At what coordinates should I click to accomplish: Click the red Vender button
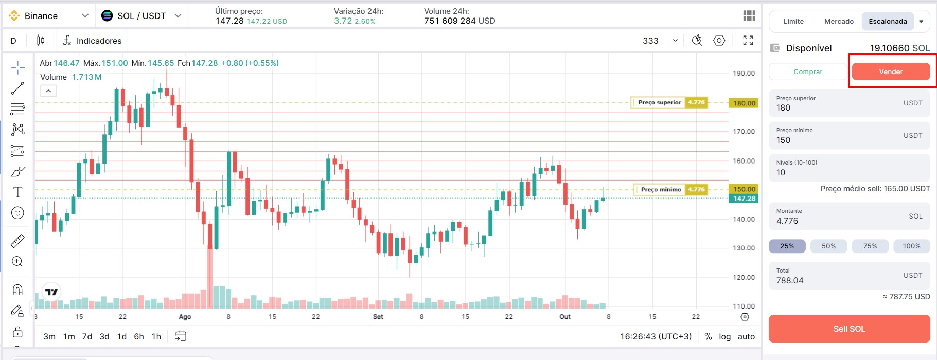[x=891, y=71]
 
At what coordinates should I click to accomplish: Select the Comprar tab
[x=808, y=71]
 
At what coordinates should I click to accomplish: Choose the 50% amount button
[x=828, y=246]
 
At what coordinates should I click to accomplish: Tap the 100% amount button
[x=911, y=246]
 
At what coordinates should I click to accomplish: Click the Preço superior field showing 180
[x=850, y=103]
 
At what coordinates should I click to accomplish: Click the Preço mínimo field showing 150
[x=850, y=136]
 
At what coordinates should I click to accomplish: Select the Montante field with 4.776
[x=850, y=216]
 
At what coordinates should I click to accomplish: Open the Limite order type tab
[x=793, y=21]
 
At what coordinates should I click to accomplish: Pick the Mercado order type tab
[x=839, y=21]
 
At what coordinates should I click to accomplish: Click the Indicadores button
[x=92, y=41]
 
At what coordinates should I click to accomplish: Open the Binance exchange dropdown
[x=49, y=16]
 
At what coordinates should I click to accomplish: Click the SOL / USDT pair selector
[x=142, y=16]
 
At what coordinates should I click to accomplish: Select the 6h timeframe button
[x=139, y=336]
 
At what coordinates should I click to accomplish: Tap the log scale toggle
[x=724, y=336]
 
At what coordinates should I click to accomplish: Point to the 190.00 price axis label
[x=744, y=73]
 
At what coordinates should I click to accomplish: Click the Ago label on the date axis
[x=185, y=317]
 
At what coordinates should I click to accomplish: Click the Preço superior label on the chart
[x=659, y=102]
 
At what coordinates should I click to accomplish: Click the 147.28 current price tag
[x=744, y=199]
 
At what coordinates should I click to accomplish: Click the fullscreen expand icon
[x=748, y=41]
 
